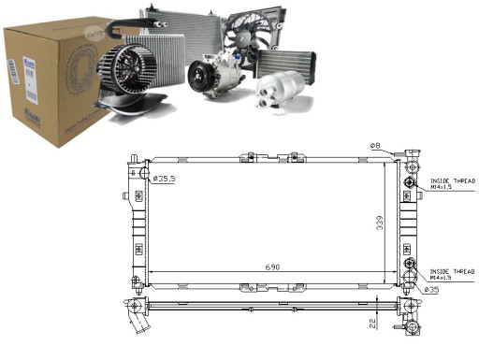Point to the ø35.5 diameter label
(165, 179)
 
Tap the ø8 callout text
(373, 145)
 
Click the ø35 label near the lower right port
(432, 290)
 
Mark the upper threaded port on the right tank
(409, 183)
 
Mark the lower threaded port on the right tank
(409, 272)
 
